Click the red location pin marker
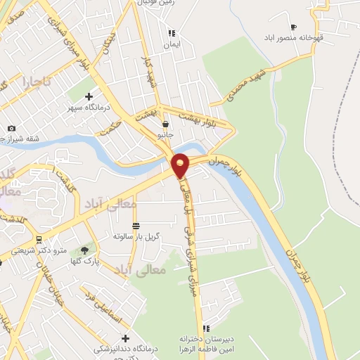click(181, 165)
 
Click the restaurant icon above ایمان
click(171, 33)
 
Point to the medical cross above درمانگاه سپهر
click(89, 96)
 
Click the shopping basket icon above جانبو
click(165, 122)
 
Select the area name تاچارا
click(37, 82)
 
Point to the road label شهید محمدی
click(243, 84)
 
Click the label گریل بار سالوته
click(136, 236)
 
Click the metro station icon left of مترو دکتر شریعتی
click(38, 239)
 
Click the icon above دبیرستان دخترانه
click(206, 328)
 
